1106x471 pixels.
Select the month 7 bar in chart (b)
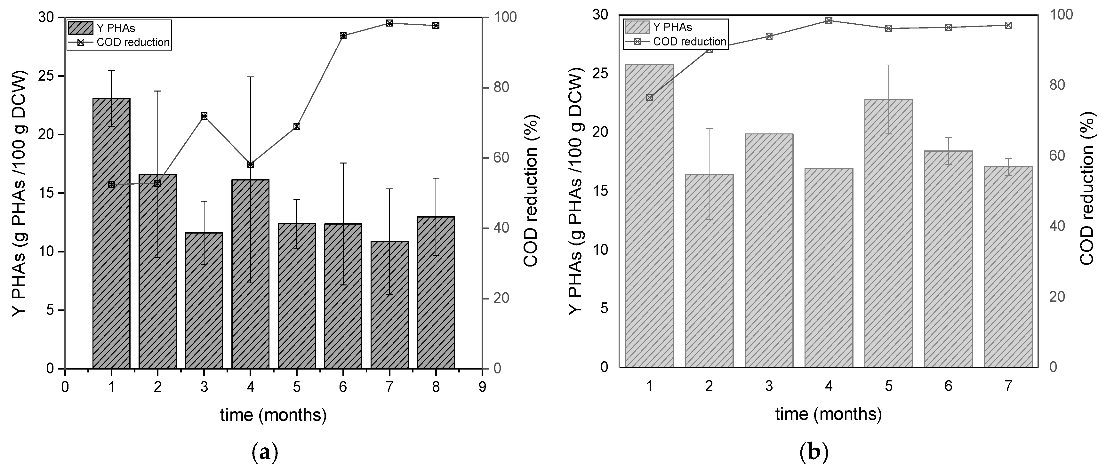coord(1008,267)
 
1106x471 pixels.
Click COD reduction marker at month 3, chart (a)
coord(204,116)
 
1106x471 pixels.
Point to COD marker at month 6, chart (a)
coord(343,36)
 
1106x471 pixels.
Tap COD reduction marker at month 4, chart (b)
coord(829,20)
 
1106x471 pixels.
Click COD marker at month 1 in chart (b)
coord(649,98)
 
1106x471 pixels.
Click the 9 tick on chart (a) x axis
coord(482,387)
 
